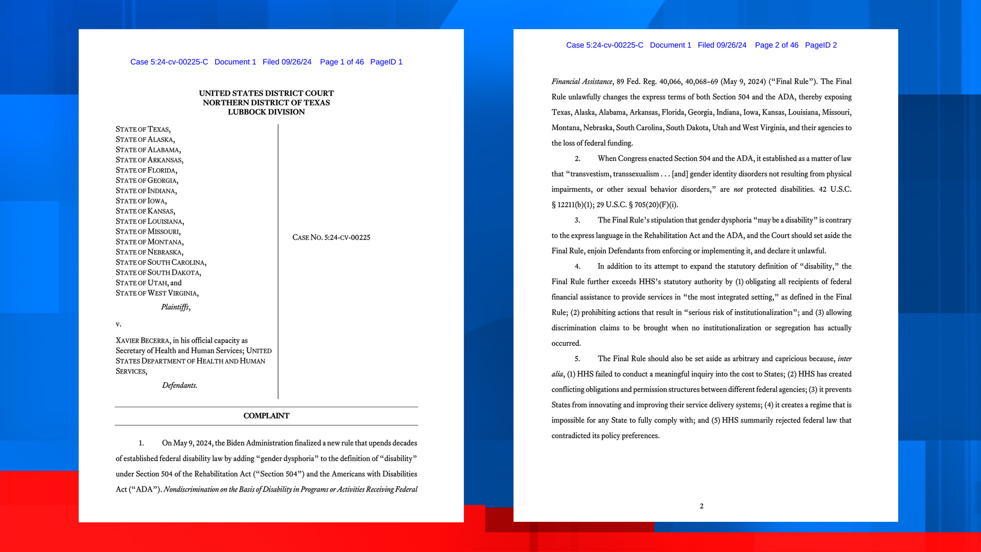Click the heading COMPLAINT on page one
(x=266, y=416)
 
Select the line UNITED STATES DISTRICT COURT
(x=266, y=94)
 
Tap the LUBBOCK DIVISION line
(x=266, y=112)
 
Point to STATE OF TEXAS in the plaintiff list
(x=143, y=129)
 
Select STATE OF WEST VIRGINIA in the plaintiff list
(x=157, y=293)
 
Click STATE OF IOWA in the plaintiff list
(x=141, y=201)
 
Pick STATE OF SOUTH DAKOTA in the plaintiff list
(x=158, y=273)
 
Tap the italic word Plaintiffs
(x=175, y=307)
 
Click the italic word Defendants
(x=179, y=385)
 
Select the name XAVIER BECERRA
(x=143, y=341)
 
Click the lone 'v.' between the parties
(x=118, y=324)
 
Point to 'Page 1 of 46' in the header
(x=342, y=62)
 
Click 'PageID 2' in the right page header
(x=821, y=45)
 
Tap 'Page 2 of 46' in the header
(x=776, y=45)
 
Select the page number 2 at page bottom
(x=702, y=506)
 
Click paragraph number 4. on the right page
(x=577, y=266)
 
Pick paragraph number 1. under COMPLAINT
(x=142, y=443)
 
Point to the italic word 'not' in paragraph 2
(x=738, y=190)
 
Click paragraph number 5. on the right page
(x=577, y=359)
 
